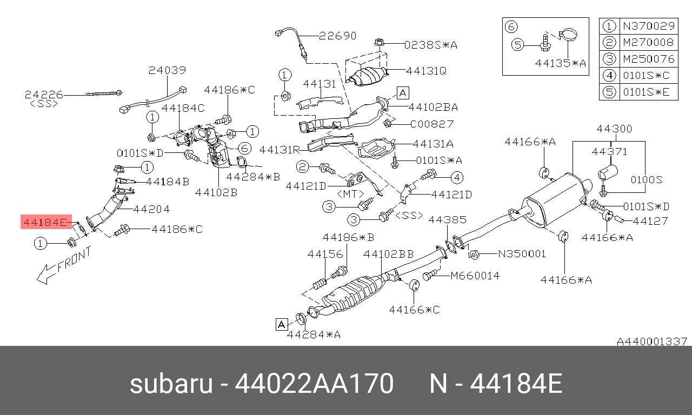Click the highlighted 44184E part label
[46, 222]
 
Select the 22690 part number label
[338, 36]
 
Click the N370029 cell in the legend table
[649, 26]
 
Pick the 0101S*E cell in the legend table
[649, 92]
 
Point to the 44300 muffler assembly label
[614, 129]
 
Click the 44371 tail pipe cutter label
[609, 152]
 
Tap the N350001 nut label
[522, 254]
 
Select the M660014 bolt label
[475, 276]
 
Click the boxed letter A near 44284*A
[282, 325]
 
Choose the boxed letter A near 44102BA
[403, 93]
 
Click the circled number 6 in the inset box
[511, 26]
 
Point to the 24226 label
[44, 95]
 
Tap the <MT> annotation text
[350, 194]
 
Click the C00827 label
[432, 124]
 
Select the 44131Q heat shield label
[427, 71]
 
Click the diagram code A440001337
[652, 342]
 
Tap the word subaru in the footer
[171, 384]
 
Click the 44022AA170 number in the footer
[314, 384]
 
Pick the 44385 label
[447, 219]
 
